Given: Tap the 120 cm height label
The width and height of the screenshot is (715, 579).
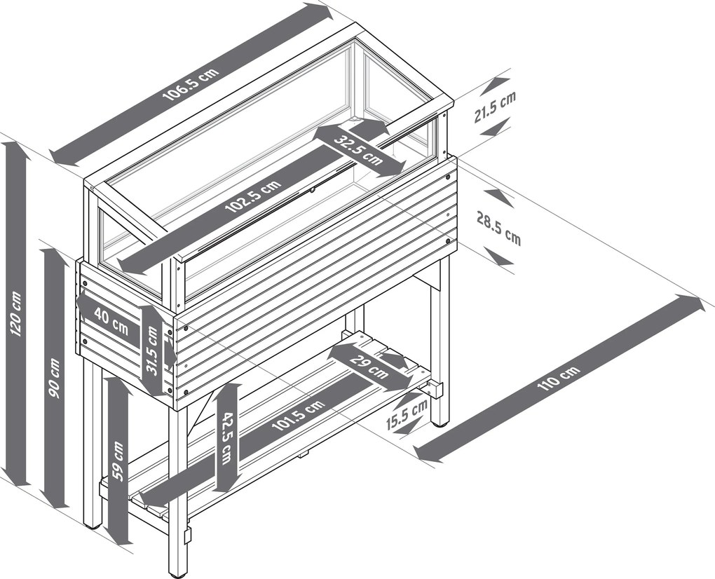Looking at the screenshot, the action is pyautogui.click(x=15, y=314).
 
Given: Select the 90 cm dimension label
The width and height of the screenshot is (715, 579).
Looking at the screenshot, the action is pyautogui.click(x=54, y=379).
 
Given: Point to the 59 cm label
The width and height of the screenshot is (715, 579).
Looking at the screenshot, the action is pyautogui.click(x=118, y=461).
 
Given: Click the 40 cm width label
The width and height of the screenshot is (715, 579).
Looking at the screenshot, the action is pyautogui.click(x=111, y=318).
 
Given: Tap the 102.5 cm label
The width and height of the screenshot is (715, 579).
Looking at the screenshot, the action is pyautogui.click(x=253, y=196).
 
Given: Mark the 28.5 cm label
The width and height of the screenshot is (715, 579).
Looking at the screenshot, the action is pyautogui.click(x=499, y=228).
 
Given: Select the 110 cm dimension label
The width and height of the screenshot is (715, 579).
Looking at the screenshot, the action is pyautogui.click(x=559, y=378).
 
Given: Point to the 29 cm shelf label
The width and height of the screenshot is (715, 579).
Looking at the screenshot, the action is pyautogui.click(x=369, y=367).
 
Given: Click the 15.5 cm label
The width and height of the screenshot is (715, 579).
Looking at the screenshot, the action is pyautogui.click(x=407, y=414).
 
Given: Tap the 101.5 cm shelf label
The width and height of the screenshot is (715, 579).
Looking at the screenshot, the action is pyautogui.click(x=298, y=416).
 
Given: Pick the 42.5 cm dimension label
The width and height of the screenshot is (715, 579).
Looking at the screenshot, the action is pyautogui.click(x=226, y=438).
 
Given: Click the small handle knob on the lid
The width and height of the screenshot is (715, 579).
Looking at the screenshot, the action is pyautogui.click(x=313, y=190).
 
